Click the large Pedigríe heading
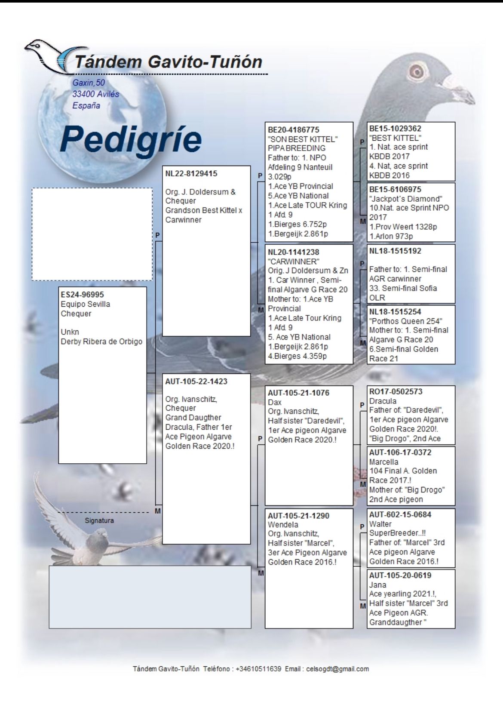[131, 139]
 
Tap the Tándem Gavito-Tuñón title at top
[168, 62]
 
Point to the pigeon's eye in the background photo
[416, 70]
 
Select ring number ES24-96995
[82, 295]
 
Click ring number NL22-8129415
[191, 174]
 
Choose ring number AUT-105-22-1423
[196, 382]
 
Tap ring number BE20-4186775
[294, 129]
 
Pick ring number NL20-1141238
[294, 252]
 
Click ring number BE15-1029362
[395, 128]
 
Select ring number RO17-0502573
[396, 391]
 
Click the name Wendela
[283, 525]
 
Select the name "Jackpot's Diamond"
[405, 199]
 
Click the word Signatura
[99, 520]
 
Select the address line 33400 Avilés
[95, 94]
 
